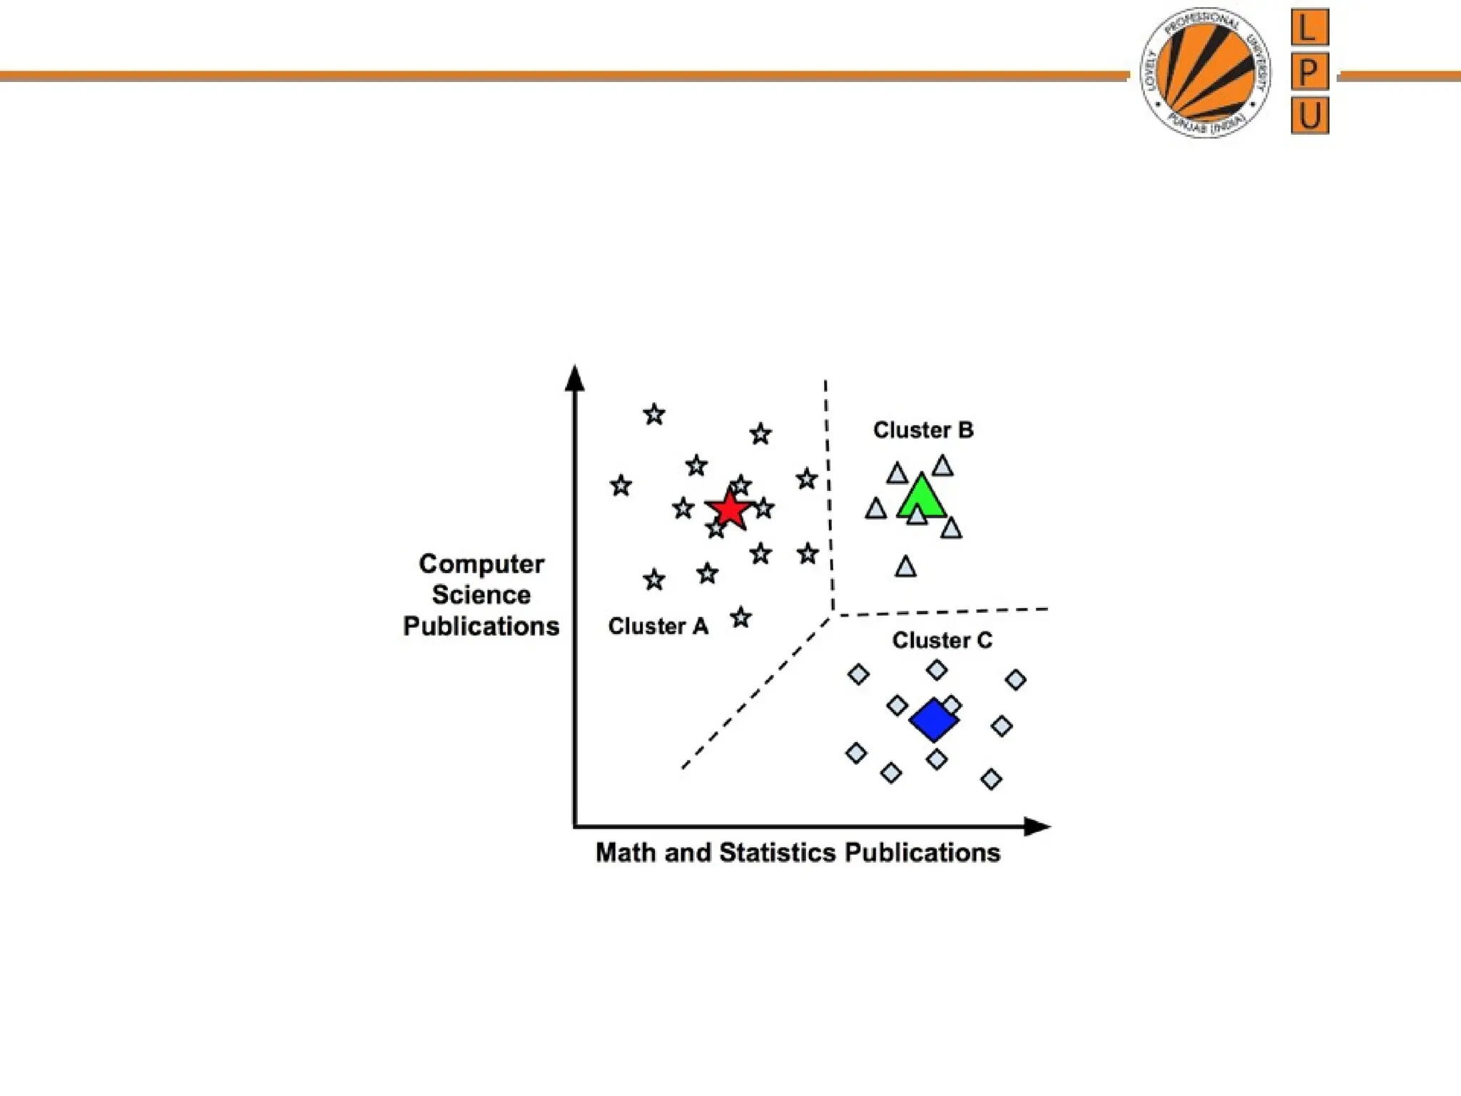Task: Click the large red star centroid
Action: coord(728,509)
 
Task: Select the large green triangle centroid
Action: coord(922,498)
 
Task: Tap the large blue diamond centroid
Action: coord(934,720)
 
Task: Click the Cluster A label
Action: coord(658,626)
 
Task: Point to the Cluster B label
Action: coord(923,430)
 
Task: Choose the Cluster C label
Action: coord(942,641)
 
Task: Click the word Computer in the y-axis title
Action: coord(482,564)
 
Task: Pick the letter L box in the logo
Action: coord(1309,29)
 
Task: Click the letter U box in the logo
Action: coord(1310,116)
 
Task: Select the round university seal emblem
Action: coord(1205,73)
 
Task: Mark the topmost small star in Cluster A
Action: coord(654,414)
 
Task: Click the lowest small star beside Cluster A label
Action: coord(741,617)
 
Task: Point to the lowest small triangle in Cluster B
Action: coord(905,567)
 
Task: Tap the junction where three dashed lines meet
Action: coord(833,615)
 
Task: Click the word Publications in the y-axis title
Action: coord(482,626)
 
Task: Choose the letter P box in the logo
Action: coord(1309,72)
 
